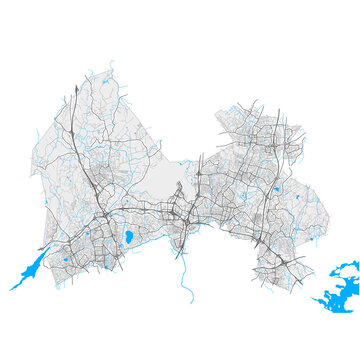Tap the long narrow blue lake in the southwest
click(x=30, y=267)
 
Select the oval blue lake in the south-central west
click(x=128, y=237)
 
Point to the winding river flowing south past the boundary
click(x=185, y=275)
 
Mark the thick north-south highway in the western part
click(x=84, y=160)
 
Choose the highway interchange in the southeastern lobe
click(x=285, y=258)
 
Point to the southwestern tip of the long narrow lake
click(x=12, y=289)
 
